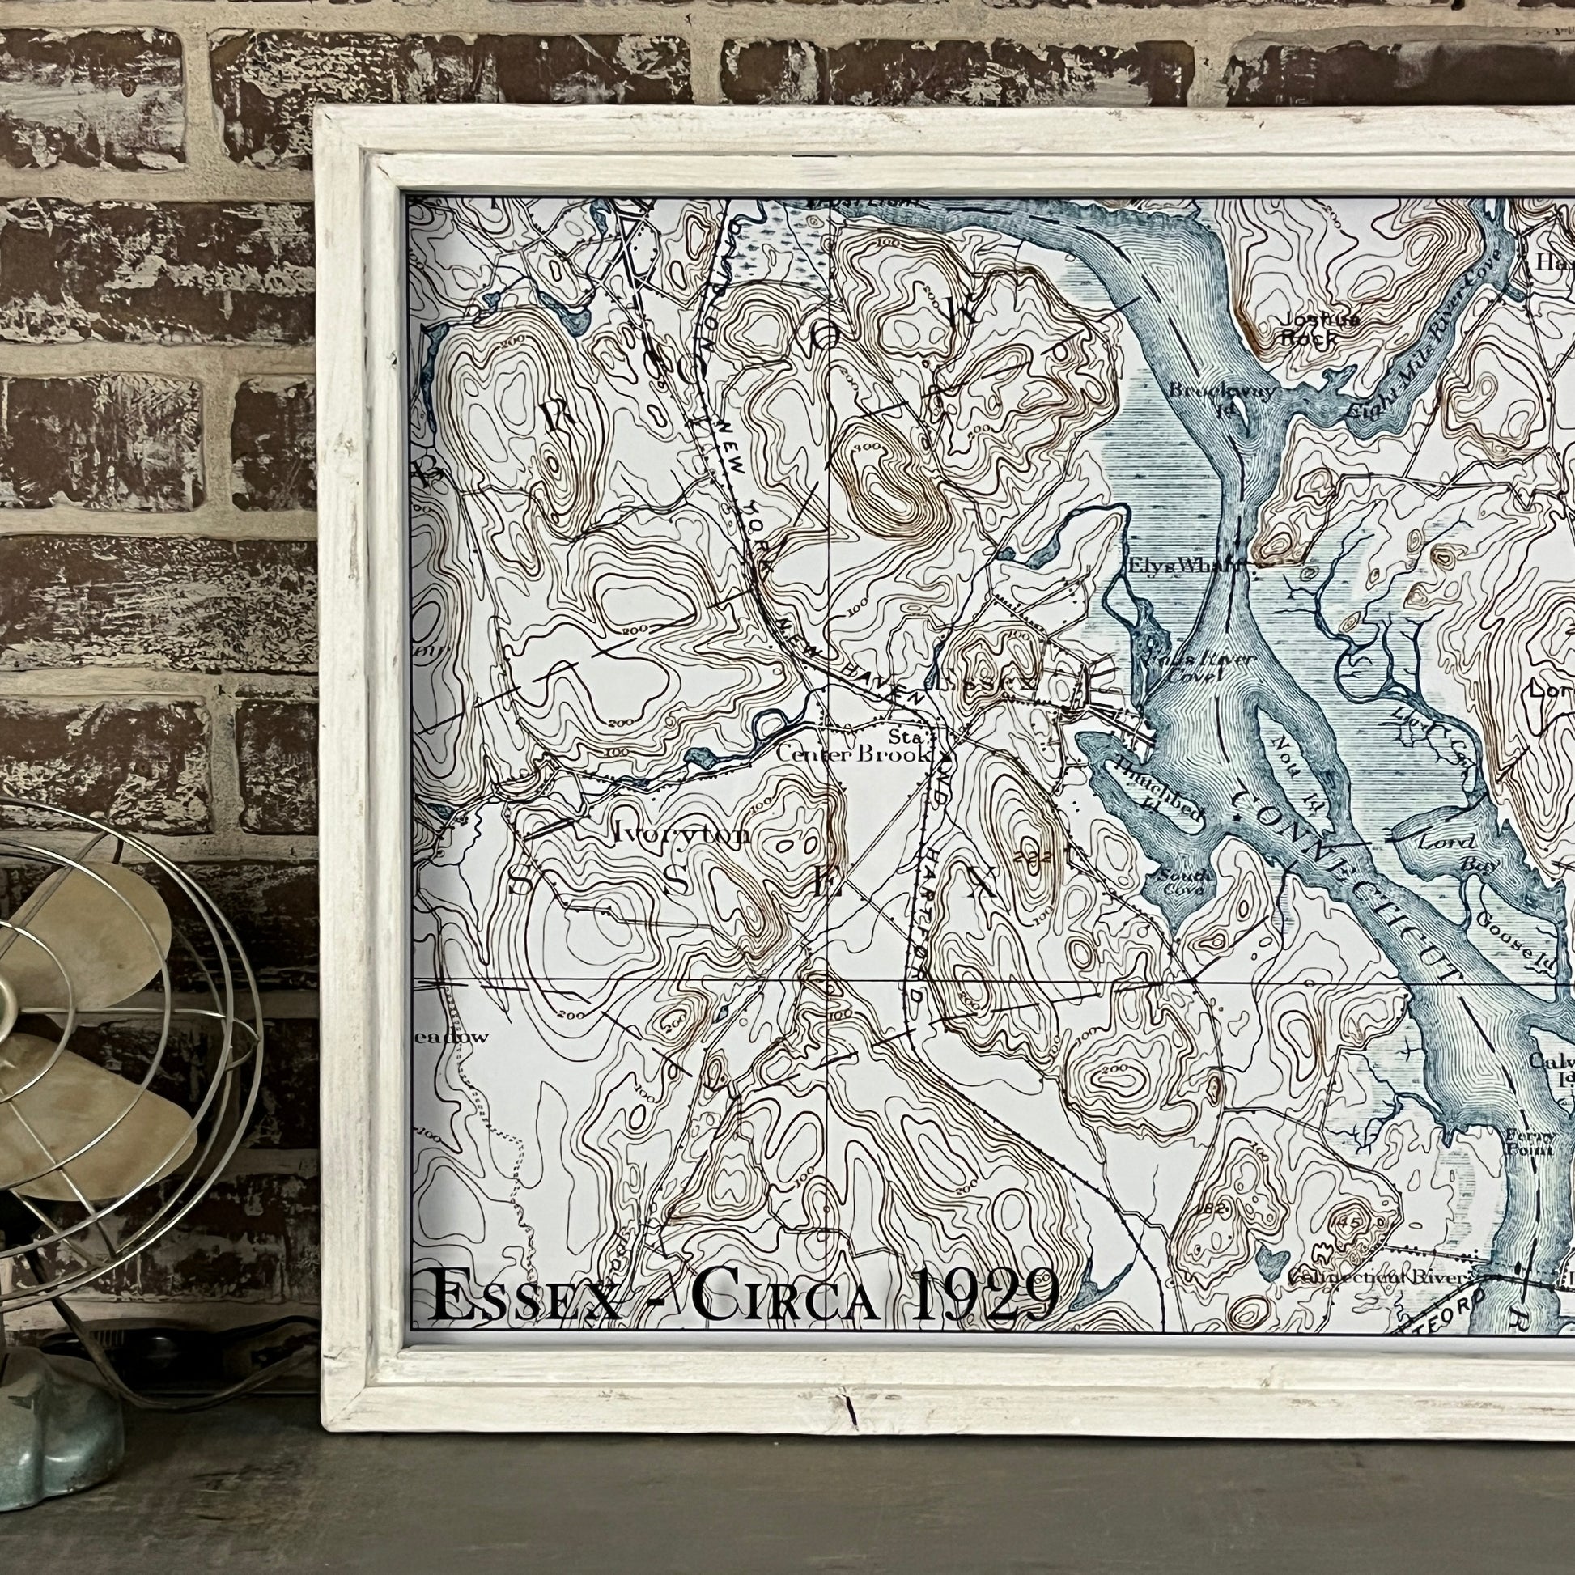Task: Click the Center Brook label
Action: (x=853, y=755)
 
